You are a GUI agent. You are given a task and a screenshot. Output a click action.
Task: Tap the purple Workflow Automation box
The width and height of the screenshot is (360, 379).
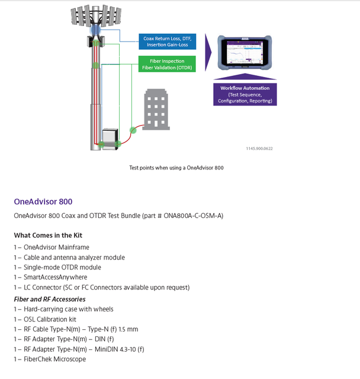[x=245, y=94]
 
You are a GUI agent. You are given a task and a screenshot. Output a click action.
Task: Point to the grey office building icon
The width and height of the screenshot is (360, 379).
[x=155, y=110]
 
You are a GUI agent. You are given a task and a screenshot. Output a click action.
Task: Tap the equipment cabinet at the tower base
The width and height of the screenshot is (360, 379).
[x=110, y=138]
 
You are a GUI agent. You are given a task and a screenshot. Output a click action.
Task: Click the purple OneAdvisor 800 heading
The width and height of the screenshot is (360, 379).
[x=43, y=202]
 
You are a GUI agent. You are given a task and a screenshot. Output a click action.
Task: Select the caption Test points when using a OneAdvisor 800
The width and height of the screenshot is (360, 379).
[x=176, y=168]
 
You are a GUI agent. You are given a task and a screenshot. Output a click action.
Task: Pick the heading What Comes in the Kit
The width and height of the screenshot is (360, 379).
[x=48, y=235]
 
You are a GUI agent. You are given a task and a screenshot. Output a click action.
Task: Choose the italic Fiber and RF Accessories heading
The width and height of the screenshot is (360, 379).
[x=50, y=299]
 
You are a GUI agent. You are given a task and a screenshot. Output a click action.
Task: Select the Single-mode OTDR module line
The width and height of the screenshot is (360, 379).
[x=62, y=267]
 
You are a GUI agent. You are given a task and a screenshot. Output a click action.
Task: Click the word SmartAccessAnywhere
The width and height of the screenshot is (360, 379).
[x=55, y=277]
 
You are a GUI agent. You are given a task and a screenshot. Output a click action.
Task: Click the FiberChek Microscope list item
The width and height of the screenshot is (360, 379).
[x=54, y=359]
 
